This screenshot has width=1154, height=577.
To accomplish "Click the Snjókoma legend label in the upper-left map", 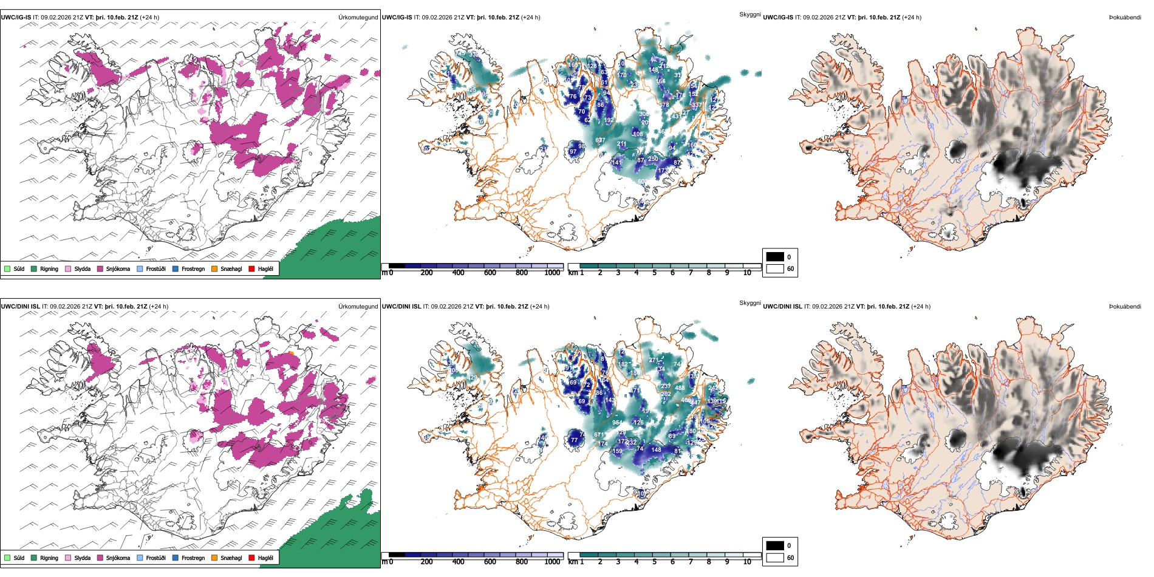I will tap(118, 269).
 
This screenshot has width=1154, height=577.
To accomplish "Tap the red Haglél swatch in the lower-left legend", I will tap(251, 558).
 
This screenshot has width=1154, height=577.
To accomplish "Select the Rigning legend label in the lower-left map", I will tap(49, 558).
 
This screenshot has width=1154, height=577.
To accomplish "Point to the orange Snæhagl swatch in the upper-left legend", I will tap(214, 269).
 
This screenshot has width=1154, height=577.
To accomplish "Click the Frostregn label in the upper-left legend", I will tap(193, 269).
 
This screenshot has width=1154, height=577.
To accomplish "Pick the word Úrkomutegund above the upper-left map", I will tap(358, 18).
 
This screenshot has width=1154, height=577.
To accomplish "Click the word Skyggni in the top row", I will tap(749, 14).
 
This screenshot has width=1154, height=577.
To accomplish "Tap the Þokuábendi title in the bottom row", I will tap(1125, 307).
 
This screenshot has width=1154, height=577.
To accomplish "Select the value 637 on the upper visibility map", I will tap(600, 140).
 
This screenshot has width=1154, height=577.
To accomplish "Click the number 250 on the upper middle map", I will tap(653, 159).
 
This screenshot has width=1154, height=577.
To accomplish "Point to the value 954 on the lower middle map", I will tap(617, 423).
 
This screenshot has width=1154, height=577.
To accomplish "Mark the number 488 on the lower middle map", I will tap(680, 388).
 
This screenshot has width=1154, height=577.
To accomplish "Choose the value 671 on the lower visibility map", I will tap(599, 435).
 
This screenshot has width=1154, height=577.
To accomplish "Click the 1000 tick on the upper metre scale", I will tap(552, 273).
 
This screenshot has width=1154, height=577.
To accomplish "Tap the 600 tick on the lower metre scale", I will tap(490, 562).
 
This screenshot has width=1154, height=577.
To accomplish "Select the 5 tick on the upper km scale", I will tap(654, 273).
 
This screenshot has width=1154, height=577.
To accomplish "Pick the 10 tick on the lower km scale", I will tap(747, 562).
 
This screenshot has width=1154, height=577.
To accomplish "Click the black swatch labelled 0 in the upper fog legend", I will tap(775, 257).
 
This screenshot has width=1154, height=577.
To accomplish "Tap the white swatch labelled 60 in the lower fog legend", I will tap(775, 558).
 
